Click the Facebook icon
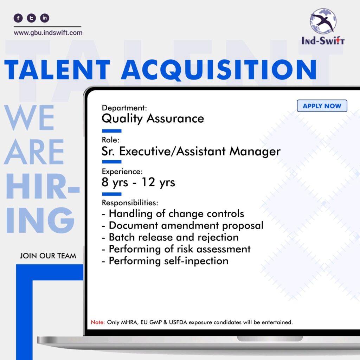(18, 18)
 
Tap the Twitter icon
(31, 18)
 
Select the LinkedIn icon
(45, 18)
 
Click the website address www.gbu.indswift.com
(48, 33)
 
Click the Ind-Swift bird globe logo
(323, 21)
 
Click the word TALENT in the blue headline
(57, 69)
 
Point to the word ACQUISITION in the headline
(219, 70)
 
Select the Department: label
(124, 108)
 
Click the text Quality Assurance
(153, 119)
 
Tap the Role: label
(111, 140)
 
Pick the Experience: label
(122, 172)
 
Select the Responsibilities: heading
(130, 203)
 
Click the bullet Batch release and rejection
(174, 237)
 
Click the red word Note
(97, 322)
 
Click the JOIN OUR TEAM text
(48, 256)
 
